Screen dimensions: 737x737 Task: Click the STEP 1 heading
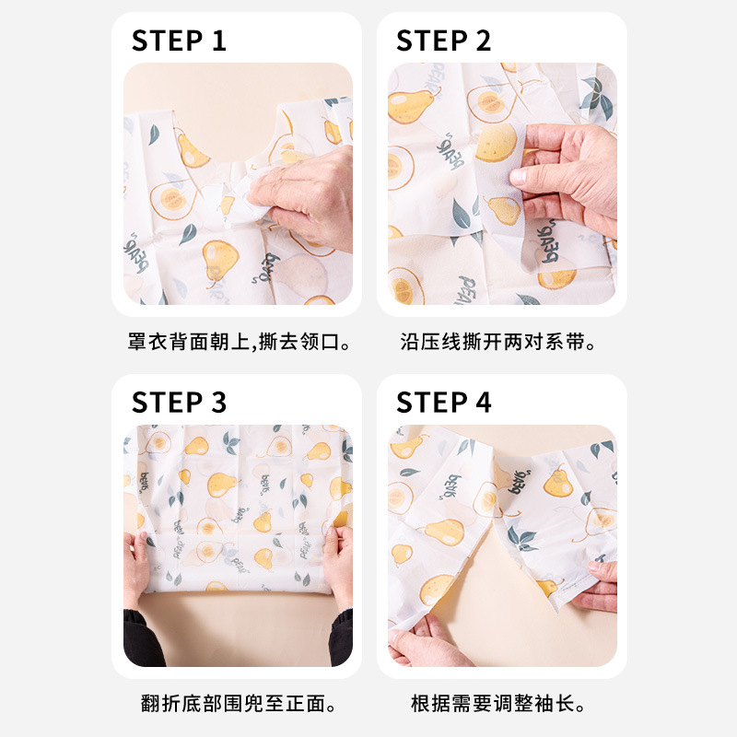click(x=179, y=41)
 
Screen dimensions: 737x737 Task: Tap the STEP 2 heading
click(x=444, y=41)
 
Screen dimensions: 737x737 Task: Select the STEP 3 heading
click(x=179, y=403)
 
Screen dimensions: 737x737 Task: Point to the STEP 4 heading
click(x=444, y=403)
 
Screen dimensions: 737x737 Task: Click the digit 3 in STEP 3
click(x=218, y=403)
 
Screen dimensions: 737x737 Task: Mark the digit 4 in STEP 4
click(x=483, y=403)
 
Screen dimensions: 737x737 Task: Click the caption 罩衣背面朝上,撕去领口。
click(x=239, y=343)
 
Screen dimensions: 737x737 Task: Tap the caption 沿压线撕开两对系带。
click(x=498, y=343)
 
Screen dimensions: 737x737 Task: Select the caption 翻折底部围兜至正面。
click(x=239, y=705)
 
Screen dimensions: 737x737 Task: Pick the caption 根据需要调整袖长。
click(x=498, y=705)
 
